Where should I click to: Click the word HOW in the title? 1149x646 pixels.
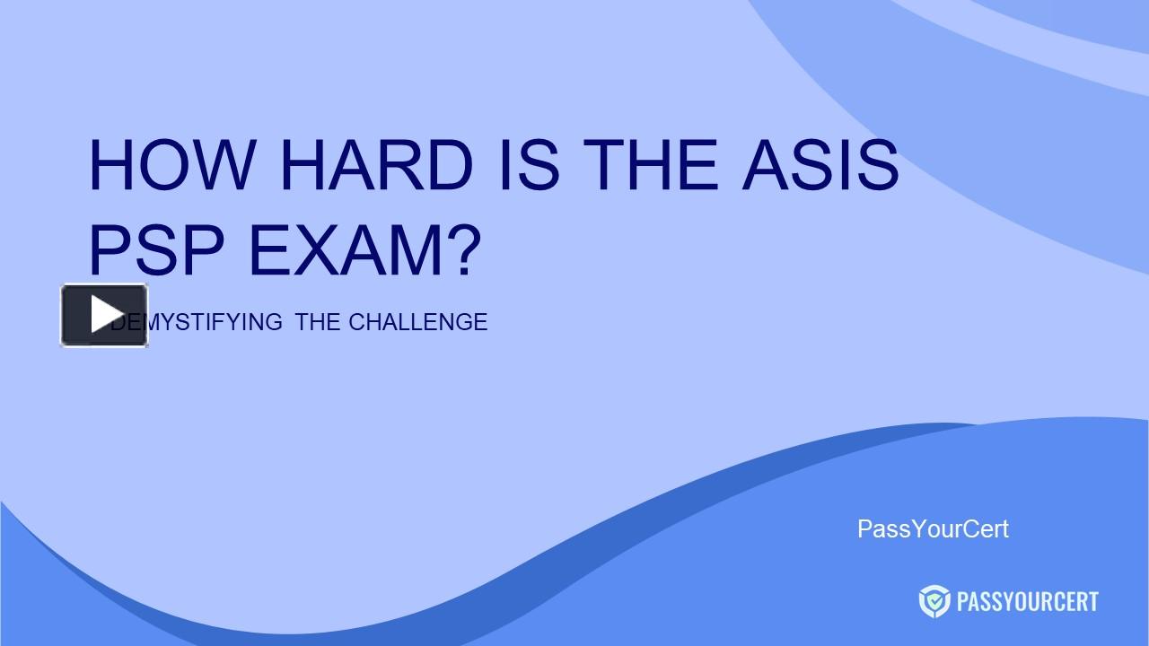click(x=172, y=165)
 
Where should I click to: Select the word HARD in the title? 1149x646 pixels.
click(x=376, y=165)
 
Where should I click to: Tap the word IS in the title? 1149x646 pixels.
click(x=530, y=165)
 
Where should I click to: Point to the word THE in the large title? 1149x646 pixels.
click(x=650, y=165)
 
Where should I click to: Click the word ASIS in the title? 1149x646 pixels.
click(x=820, y=165)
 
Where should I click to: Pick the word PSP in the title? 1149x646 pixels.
click(x=157, y=250)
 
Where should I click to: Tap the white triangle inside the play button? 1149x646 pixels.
click(x=106, y=314)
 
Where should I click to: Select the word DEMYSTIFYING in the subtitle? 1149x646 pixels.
click(x=197, y=322)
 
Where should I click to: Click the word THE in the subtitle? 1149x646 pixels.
click(x=317, y=322)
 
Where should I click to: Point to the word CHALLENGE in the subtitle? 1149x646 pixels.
click(x=418, y=322)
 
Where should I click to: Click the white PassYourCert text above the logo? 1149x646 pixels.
click(x=933, y=529)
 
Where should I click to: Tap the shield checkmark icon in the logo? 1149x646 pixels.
click(x=934, y=601)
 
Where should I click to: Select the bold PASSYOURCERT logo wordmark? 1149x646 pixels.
click(x=1028, y=601)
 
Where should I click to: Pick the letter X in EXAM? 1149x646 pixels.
click(x=317, y=250)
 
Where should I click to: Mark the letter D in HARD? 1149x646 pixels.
click(x=449, y=165)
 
